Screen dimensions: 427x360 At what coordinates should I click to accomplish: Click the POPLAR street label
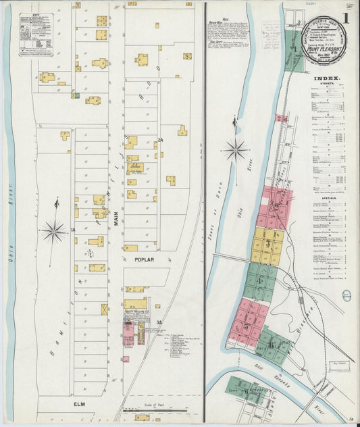[x=145, y=259]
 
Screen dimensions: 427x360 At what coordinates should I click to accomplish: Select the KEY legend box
[x=36, y=34]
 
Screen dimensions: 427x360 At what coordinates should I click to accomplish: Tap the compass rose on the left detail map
[x=53, y=231]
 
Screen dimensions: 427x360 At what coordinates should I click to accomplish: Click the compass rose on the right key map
[x=235, y=150]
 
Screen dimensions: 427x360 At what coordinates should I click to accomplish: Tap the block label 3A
[x=160, y=322]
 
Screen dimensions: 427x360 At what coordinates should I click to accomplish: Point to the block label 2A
[x=160, y=140]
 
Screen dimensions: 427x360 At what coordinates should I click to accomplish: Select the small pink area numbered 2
[x=281, y=118]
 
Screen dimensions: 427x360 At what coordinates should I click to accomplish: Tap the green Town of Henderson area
[x=247, y=389]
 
